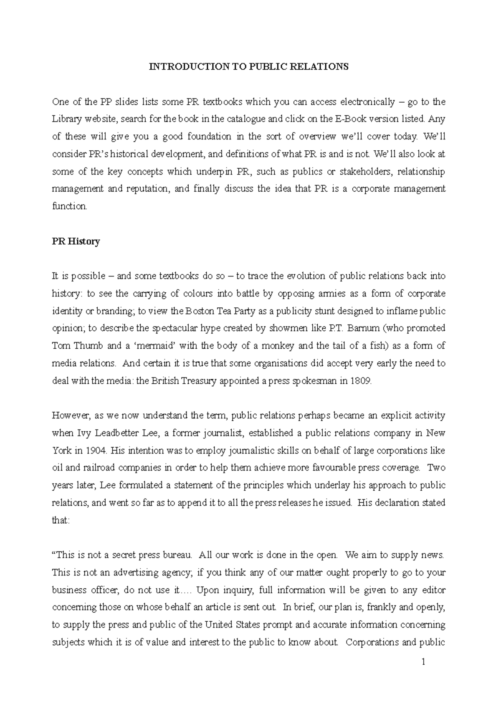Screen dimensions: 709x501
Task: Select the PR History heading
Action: [76, 241]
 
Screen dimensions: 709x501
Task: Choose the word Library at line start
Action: [66, 119]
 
